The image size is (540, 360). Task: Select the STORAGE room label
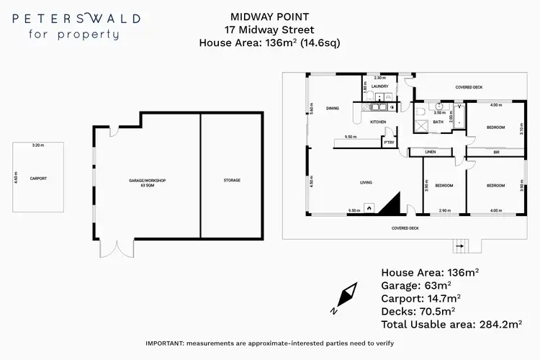[x=232, y=180]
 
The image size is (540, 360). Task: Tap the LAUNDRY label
[x=379, y=86]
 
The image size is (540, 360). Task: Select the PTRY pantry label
[x=389, y=143]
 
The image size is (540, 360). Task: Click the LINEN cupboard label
[x=431, y=152]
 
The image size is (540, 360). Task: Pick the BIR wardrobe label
[x=496, y=152]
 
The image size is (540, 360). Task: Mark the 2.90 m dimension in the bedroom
[x=444, y=211]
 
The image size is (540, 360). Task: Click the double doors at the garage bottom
[x=117, y=249]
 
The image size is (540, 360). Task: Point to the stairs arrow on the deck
[x=459, y=247]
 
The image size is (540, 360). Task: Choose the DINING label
[x=332, y=108]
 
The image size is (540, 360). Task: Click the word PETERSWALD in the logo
[x=76, y=18]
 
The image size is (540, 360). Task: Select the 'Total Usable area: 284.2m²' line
[x=450, y=325]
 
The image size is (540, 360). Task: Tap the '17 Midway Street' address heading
[x=270, y=30]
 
